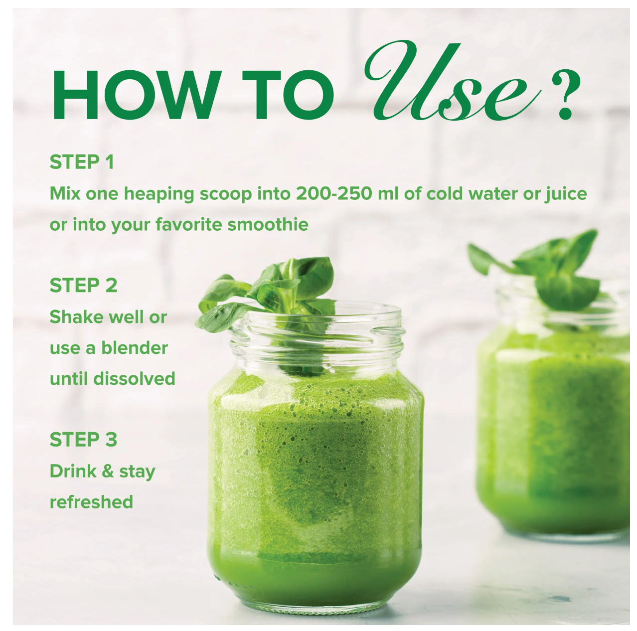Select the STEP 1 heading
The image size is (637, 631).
coord(82,162)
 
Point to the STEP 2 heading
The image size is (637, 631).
coord(83,286)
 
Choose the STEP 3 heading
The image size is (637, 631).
coord(83,440)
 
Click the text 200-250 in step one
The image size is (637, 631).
coord(333,193)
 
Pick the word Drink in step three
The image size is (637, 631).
coord(73,471)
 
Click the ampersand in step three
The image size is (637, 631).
coord(108,471)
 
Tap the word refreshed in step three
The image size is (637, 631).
coord(91,502)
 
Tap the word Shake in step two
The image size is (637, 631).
coord(75,317)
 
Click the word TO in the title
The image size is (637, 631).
coord(288,95)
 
